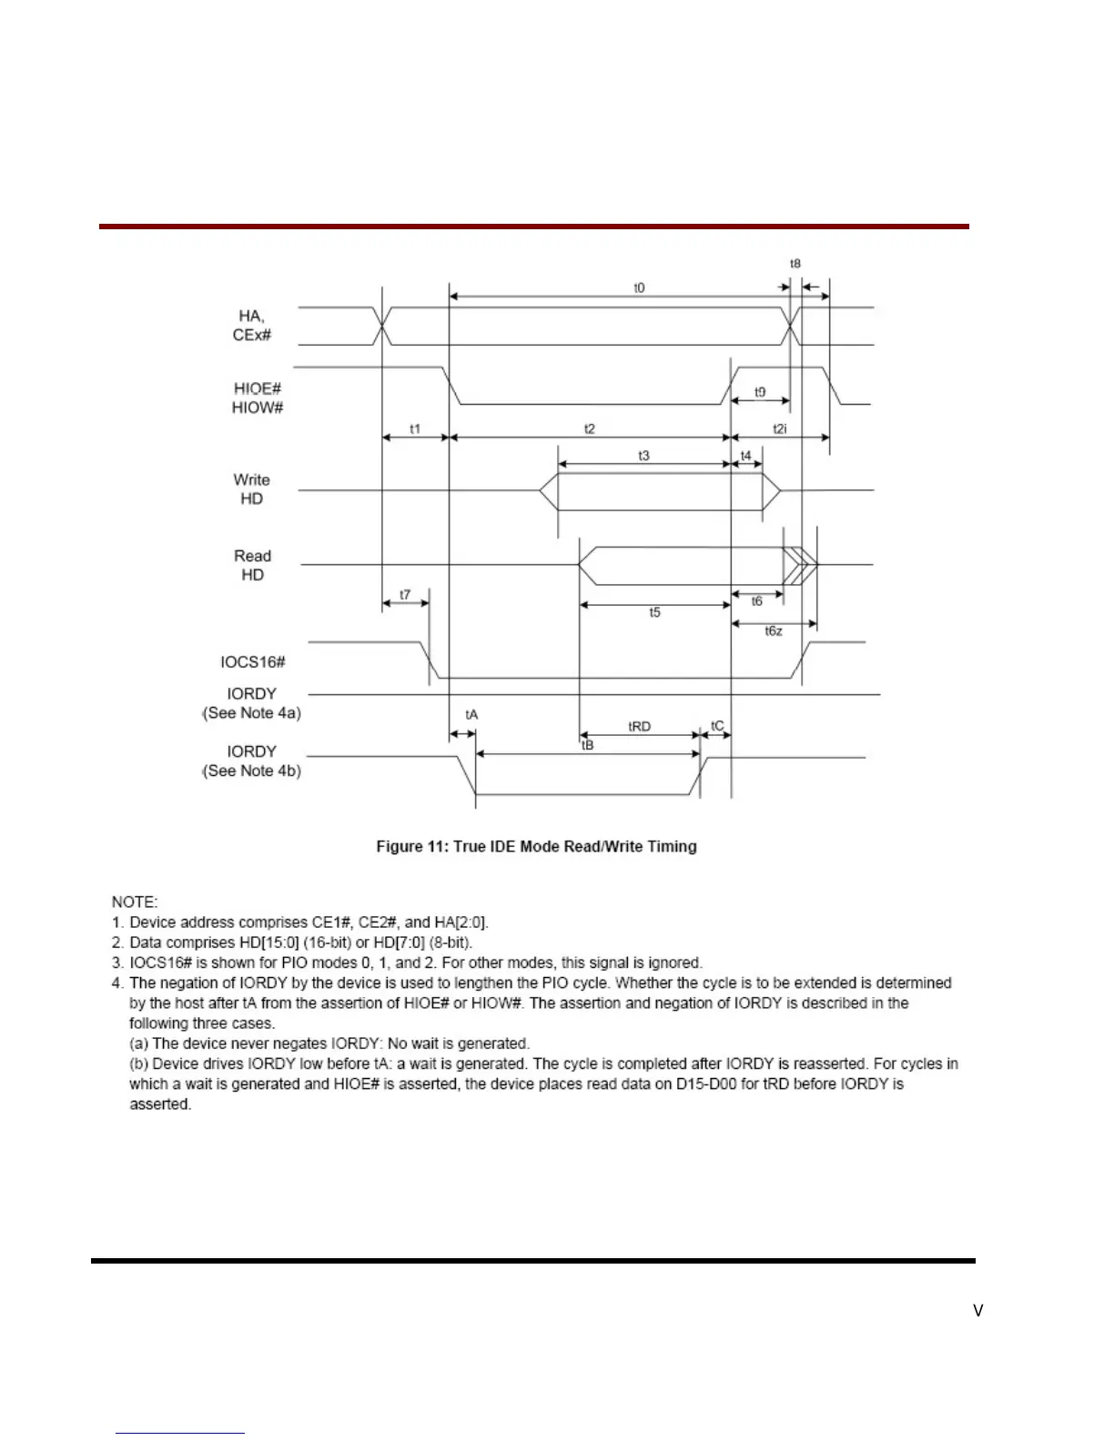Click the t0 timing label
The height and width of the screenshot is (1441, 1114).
pyautogui.click(x=639, y=287)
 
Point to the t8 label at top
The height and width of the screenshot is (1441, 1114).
pyautogui.click(x=795, y=264)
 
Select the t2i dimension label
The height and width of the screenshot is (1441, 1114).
pyautogui.click(x=780, y=428)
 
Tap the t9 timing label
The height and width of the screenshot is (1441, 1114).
pyautogui.click(x=760, y=392)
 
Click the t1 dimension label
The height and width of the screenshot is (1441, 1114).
pyautogui.click(x=415, y=428)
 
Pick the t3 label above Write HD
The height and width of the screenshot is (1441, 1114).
pyautogui.click(x=643, y=455)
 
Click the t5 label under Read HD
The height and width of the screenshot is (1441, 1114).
pyautogui.click(x=654, y=613)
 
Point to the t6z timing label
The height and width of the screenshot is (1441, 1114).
pyautogui.click(x=774, y=631)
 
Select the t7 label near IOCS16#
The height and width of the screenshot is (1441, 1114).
pyautogui.click(x=405, y=595)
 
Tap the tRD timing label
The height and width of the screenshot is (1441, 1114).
pyautogui.click(x=640, y=726)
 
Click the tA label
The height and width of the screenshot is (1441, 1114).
pyautogui.click(x=471, y=715)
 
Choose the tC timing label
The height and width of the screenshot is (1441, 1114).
pyautogui.click(x=717, y=726)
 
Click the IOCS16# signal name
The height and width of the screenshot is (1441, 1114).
pyautogui.click(x=253, y=661)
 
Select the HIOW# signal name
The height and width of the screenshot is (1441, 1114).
pyautogui.click(x=258, y=408)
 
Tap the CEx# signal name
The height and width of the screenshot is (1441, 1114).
pyautogui.click(x=252, y=335)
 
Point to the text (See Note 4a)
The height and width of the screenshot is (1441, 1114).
pyautogui.click(x=251, y=713)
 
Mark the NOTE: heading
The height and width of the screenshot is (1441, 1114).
pyautogui.click(x=135, y=902)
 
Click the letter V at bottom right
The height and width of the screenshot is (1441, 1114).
pyautogui.click(x=978, y=1311)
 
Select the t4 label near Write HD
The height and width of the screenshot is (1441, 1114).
pyautogui.click(x=745, y=455)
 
